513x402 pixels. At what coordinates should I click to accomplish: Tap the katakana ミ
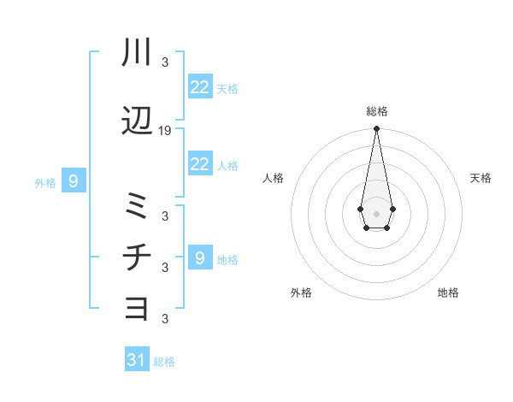tap(138, 206)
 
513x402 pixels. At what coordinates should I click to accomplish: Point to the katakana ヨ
tap(138, 307)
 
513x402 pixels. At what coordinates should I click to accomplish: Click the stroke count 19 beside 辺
tap(165, 131)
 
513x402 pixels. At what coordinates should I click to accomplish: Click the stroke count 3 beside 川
tap(165, 62)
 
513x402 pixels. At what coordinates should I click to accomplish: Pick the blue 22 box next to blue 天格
tap(200, 87)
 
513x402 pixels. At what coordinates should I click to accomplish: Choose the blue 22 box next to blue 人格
tap(200, 164)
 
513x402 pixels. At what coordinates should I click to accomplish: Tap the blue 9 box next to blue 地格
tap(200, 257)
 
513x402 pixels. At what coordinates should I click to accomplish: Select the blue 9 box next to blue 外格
tap(74, 181)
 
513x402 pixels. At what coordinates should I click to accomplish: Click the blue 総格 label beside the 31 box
tap(164, 362)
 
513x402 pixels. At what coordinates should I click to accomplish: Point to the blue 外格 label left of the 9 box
tap(45, 182)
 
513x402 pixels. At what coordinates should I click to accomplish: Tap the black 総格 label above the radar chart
tap(377, 111)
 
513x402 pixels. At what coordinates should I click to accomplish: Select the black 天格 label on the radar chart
tap(481, 178)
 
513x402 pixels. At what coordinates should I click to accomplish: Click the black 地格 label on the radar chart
tap(448, 293)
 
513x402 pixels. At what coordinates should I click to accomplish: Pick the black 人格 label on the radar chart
tap(274, 178)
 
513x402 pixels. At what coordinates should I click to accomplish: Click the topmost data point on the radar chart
tap(376, 128)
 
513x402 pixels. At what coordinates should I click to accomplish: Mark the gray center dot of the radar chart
tap(376, 212)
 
